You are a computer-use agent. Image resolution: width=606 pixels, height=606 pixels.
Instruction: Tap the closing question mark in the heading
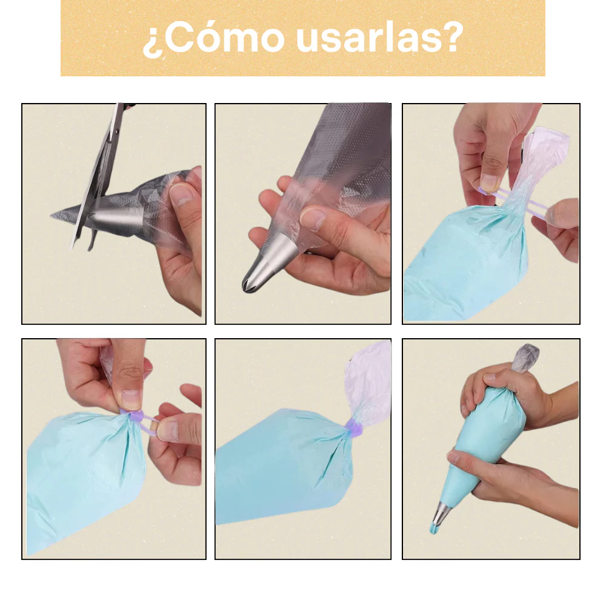tap(452, 37)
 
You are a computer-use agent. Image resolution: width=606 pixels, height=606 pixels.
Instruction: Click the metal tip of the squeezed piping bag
tap(440, 513)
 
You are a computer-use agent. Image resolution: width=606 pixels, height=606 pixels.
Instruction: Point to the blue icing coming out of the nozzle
tap(434, 528)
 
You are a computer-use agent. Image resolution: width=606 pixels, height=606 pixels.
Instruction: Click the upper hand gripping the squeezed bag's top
tap(518, 398)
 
